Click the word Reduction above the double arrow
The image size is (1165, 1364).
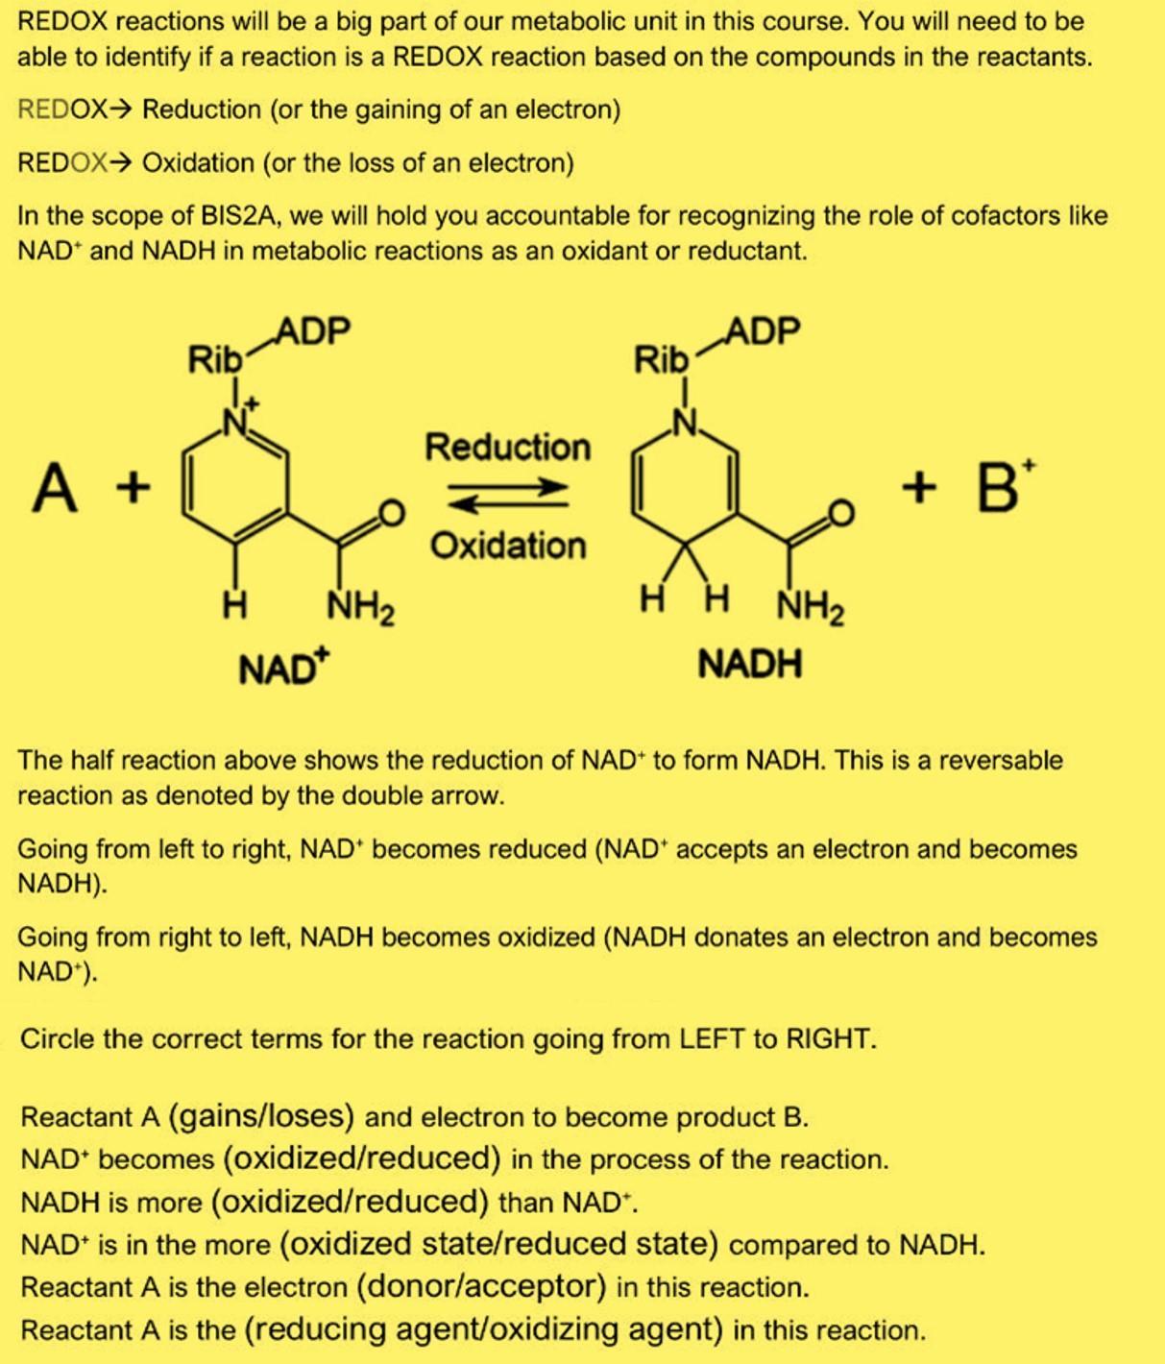[507, 447]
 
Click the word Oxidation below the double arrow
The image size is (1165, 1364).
[507, 546]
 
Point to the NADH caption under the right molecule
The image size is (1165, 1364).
[749, 664]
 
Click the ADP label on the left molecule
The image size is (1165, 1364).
[313, 331]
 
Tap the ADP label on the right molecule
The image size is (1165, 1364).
[762, 331]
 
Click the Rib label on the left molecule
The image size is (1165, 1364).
[214, 361]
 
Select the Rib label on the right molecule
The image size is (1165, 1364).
[661, 361]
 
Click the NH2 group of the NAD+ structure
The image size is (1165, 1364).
[360, 607]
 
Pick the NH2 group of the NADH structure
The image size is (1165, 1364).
[810, 607]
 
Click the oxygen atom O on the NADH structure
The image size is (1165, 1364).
[840, 513]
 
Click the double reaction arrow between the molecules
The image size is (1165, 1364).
[507, 496]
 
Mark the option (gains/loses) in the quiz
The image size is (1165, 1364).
[261, 1116]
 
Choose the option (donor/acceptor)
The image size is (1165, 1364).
[481, 1285]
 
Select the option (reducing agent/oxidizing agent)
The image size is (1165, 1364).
[484, 1329]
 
